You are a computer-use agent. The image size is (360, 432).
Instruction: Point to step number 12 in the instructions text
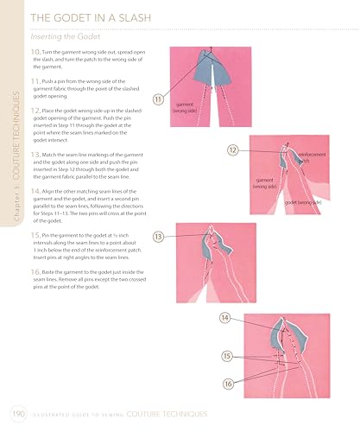[35, 111]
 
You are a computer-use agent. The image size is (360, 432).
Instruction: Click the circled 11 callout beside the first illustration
[157, 98]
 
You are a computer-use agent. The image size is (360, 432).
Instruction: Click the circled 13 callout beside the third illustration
[158, 236]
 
